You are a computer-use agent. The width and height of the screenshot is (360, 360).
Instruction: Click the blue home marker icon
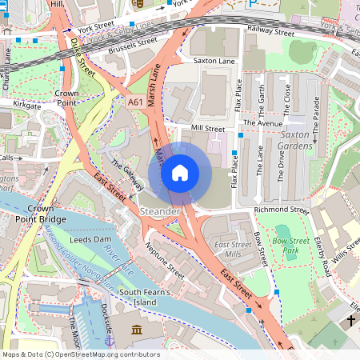[180, 173]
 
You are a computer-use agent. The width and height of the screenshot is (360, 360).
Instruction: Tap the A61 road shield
[136, 102]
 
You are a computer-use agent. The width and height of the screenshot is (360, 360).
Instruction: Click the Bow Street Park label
[291, 246]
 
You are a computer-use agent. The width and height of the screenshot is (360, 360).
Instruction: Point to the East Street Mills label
[233, 249]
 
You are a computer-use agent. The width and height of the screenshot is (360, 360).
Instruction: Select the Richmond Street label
[281, 210]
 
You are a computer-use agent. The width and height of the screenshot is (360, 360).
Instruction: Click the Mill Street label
[208, 128]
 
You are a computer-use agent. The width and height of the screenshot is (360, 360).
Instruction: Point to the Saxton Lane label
[214, 61]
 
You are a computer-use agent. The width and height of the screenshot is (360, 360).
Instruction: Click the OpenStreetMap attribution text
[80, 354]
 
